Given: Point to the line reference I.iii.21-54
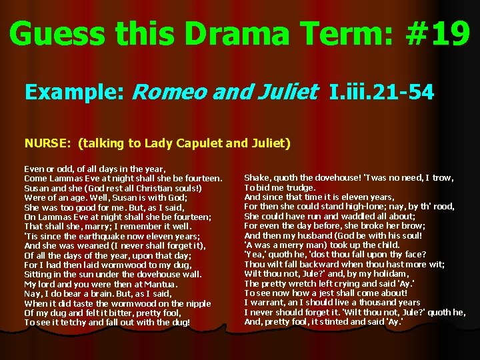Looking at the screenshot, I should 382,92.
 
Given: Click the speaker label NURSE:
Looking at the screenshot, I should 49,142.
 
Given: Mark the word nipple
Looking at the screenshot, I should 199,303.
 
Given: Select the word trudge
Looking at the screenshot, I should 293,187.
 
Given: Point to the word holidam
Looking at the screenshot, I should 390,274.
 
